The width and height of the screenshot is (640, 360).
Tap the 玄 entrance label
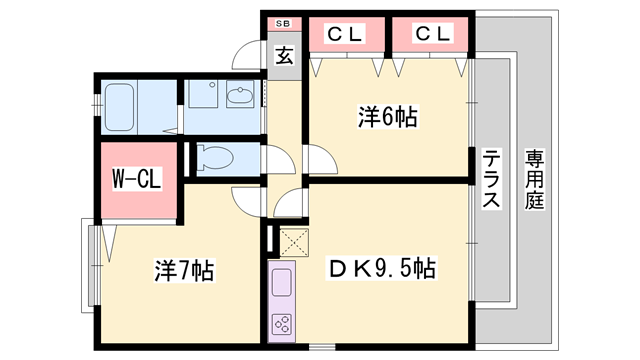pos(283,55)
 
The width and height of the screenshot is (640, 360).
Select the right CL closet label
pos(432,34)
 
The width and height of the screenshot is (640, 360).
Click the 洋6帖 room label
pos(387,116)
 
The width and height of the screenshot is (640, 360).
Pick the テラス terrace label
pos(491,180)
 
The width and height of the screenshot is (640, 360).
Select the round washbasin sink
pos(241,97)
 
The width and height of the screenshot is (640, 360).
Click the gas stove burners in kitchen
pos(283,324)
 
